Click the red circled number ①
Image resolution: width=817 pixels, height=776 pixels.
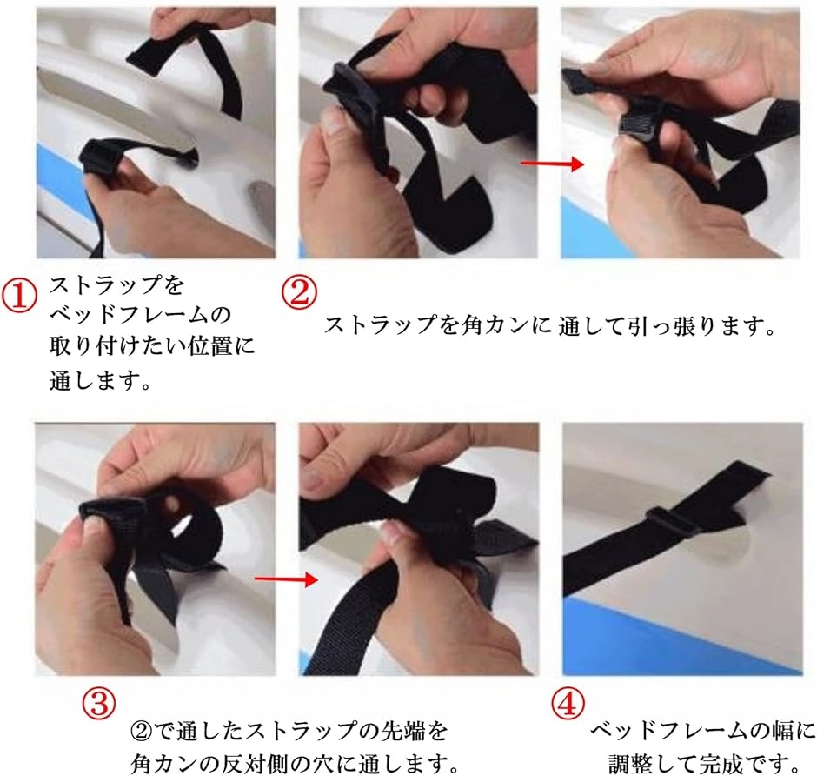click(x=19, y=295)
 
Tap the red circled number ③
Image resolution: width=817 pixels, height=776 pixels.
click(x=99, y=703)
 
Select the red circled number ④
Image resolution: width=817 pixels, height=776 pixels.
click(x=568, y=703)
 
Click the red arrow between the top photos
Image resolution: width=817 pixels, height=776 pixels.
click(x=552, y=164)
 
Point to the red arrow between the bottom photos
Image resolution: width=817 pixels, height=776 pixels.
click(x=286, y=579)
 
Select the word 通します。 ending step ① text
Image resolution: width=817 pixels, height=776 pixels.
click(x=101, y=380)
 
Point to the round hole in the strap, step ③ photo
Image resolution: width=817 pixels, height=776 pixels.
click(x=170, y=505)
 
